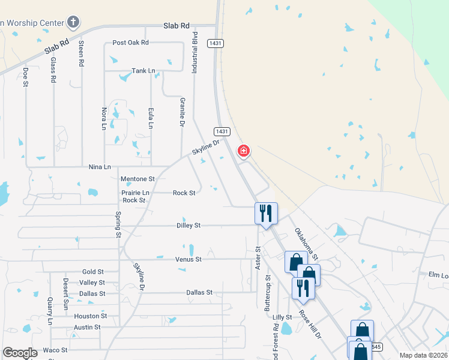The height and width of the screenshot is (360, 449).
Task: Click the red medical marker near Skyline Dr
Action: pyautogui.click(x=244, y=151)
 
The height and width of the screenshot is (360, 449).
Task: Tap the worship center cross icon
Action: pyautogui.click(x=73, y=23)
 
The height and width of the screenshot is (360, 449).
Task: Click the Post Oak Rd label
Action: pyautogui.click(x=130, y=43)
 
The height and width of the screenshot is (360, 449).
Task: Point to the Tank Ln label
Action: pyautogui.click(x=143, y=71)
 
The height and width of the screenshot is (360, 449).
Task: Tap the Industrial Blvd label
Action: pyautogui.click(x=194, y=52)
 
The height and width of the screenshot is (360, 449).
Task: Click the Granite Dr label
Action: pyautogui.click(x=182, y=113)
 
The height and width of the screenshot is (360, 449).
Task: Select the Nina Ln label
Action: pyautogui.click(x=100, y=167)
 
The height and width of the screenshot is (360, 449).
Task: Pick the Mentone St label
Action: pyautogui.click(x=137, y=179)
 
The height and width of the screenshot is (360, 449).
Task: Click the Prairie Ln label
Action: pyautogui.click(x=135, y=193)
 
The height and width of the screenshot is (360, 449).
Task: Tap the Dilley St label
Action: pyautogui.click(x=188, y=226)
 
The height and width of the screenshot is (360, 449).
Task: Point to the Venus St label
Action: pyautogui.click(x=188, y=259)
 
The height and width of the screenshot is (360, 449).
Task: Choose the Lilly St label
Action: pyautogui.click(x=282, y=317)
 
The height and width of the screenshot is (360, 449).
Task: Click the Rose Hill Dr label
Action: pyautogui.click(x=310, y=324)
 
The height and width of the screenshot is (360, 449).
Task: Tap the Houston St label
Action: pyautogui.click(x=91, y=316)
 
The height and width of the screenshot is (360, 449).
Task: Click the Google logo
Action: pyautogui.click(x=20, y=353)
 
